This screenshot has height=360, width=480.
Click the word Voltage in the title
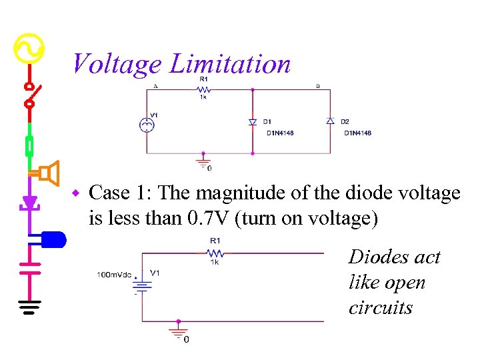(x=116, y=65)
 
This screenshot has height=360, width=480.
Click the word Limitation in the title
(x=230, y=65)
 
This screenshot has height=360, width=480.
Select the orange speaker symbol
(x=49, y=173)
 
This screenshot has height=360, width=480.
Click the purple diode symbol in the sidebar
(x=29, y=201)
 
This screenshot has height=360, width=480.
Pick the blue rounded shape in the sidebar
(x=53, y=239)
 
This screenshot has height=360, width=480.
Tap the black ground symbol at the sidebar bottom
(x=29, y=307)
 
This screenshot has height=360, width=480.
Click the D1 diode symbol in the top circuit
(x=253, y=122)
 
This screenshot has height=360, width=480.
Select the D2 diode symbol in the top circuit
(x=329, y=121)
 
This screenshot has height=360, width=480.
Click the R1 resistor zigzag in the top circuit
(x=204, y=89)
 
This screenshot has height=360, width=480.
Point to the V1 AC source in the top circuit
(x=145, y=124)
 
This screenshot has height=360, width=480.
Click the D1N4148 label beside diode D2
(x=357, y=133)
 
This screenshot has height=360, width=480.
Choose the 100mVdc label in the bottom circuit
(x=115, y=275)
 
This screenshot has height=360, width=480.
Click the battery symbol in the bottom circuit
(x=143, y=284)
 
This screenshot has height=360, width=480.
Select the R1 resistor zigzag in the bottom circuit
(x=215, y=253)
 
